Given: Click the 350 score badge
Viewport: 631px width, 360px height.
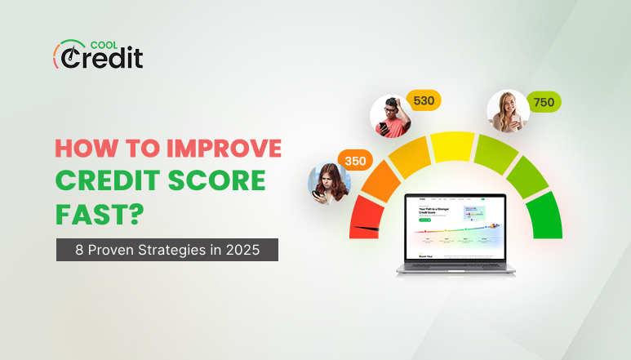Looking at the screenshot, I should coord(354,161).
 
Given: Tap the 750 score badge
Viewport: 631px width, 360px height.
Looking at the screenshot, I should coord(542,103).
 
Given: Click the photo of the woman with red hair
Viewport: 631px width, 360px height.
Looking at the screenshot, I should coord(328,184).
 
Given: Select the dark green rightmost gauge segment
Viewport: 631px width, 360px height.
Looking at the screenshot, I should coord(544,216).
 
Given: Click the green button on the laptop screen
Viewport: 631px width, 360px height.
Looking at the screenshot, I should coord(424,220).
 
